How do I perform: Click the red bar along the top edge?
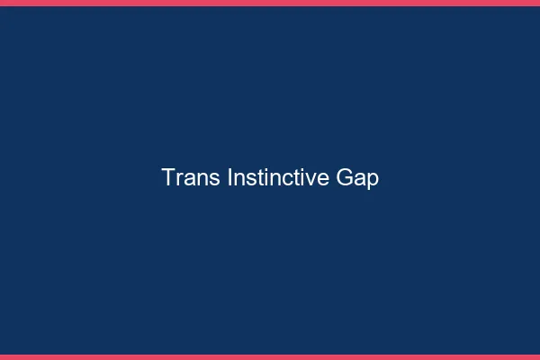(270, 3)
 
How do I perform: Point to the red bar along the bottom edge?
(270, 356)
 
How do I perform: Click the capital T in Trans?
(168, 178)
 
